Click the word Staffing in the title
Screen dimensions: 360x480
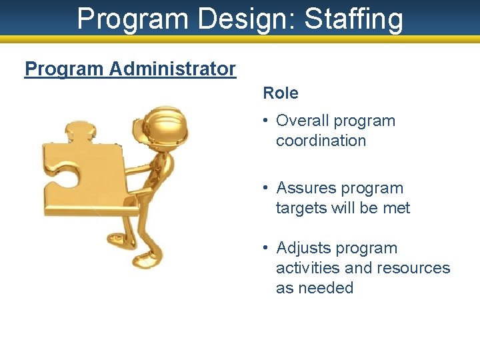coord(354,19)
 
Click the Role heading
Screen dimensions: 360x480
coord(281,93)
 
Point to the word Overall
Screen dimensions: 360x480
coord(303,121)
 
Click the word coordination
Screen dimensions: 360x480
coord(321,141)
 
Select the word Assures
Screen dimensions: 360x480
coord(306,188)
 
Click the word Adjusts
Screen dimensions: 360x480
coord(303,248)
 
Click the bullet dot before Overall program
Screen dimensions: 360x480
coord(265,121)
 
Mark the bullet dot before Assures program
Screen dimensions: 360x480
coord(265,188)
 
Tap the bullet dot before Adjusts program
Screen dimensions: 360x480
coord(265,248)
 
